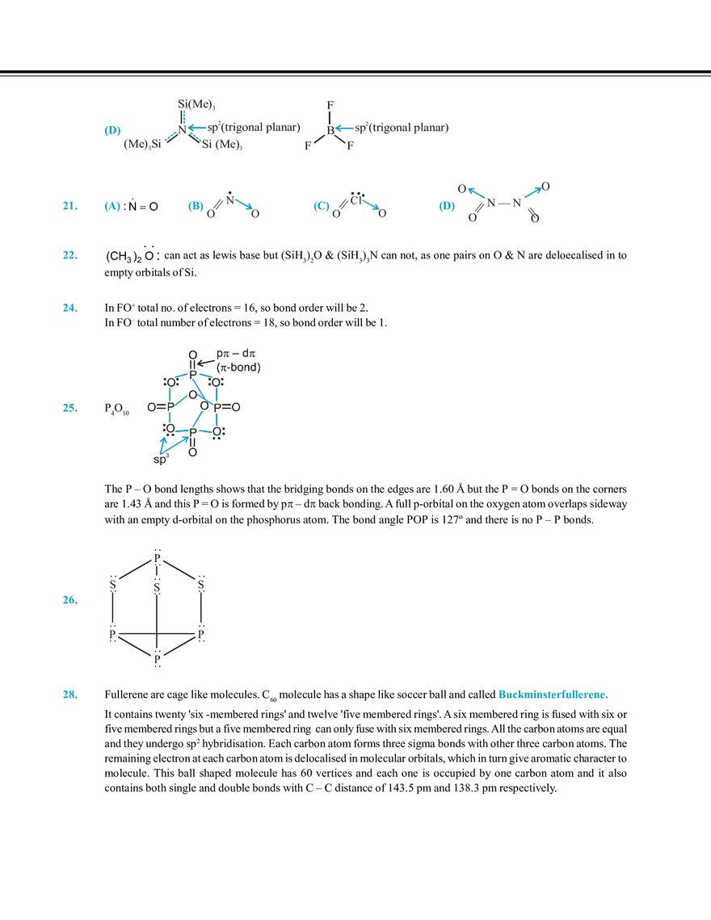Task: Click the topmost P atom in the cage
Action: pos(158,558)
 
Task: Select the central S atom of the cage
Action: pos(158,582)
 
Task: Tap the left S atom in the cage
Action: pos(112,582)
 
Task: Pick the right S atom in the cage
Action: pos(201,582)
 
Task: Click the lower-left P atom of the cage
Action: pos(112,633)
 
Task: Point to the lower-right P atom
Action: pos(202,633)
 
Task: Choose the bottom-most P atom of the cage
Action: pos(158,659)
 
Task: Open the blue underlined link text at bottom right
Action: pos(553,695)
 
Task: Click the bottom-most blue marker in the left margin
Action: pos(70,695)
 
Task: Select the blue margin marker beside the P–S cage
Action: pos(70,600)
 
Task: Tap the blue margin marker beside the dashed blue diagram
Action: pos(70,408)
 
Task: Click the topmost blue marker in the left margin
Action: pos(70,207)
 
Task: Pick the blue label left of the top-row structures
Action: pos(112,132)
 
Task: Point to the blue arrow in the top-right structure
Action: pos(344,128)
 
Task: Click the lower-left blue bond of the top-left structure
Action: pos(169,137)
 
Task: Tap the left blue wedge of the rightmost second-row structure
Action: pos(475,192)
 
